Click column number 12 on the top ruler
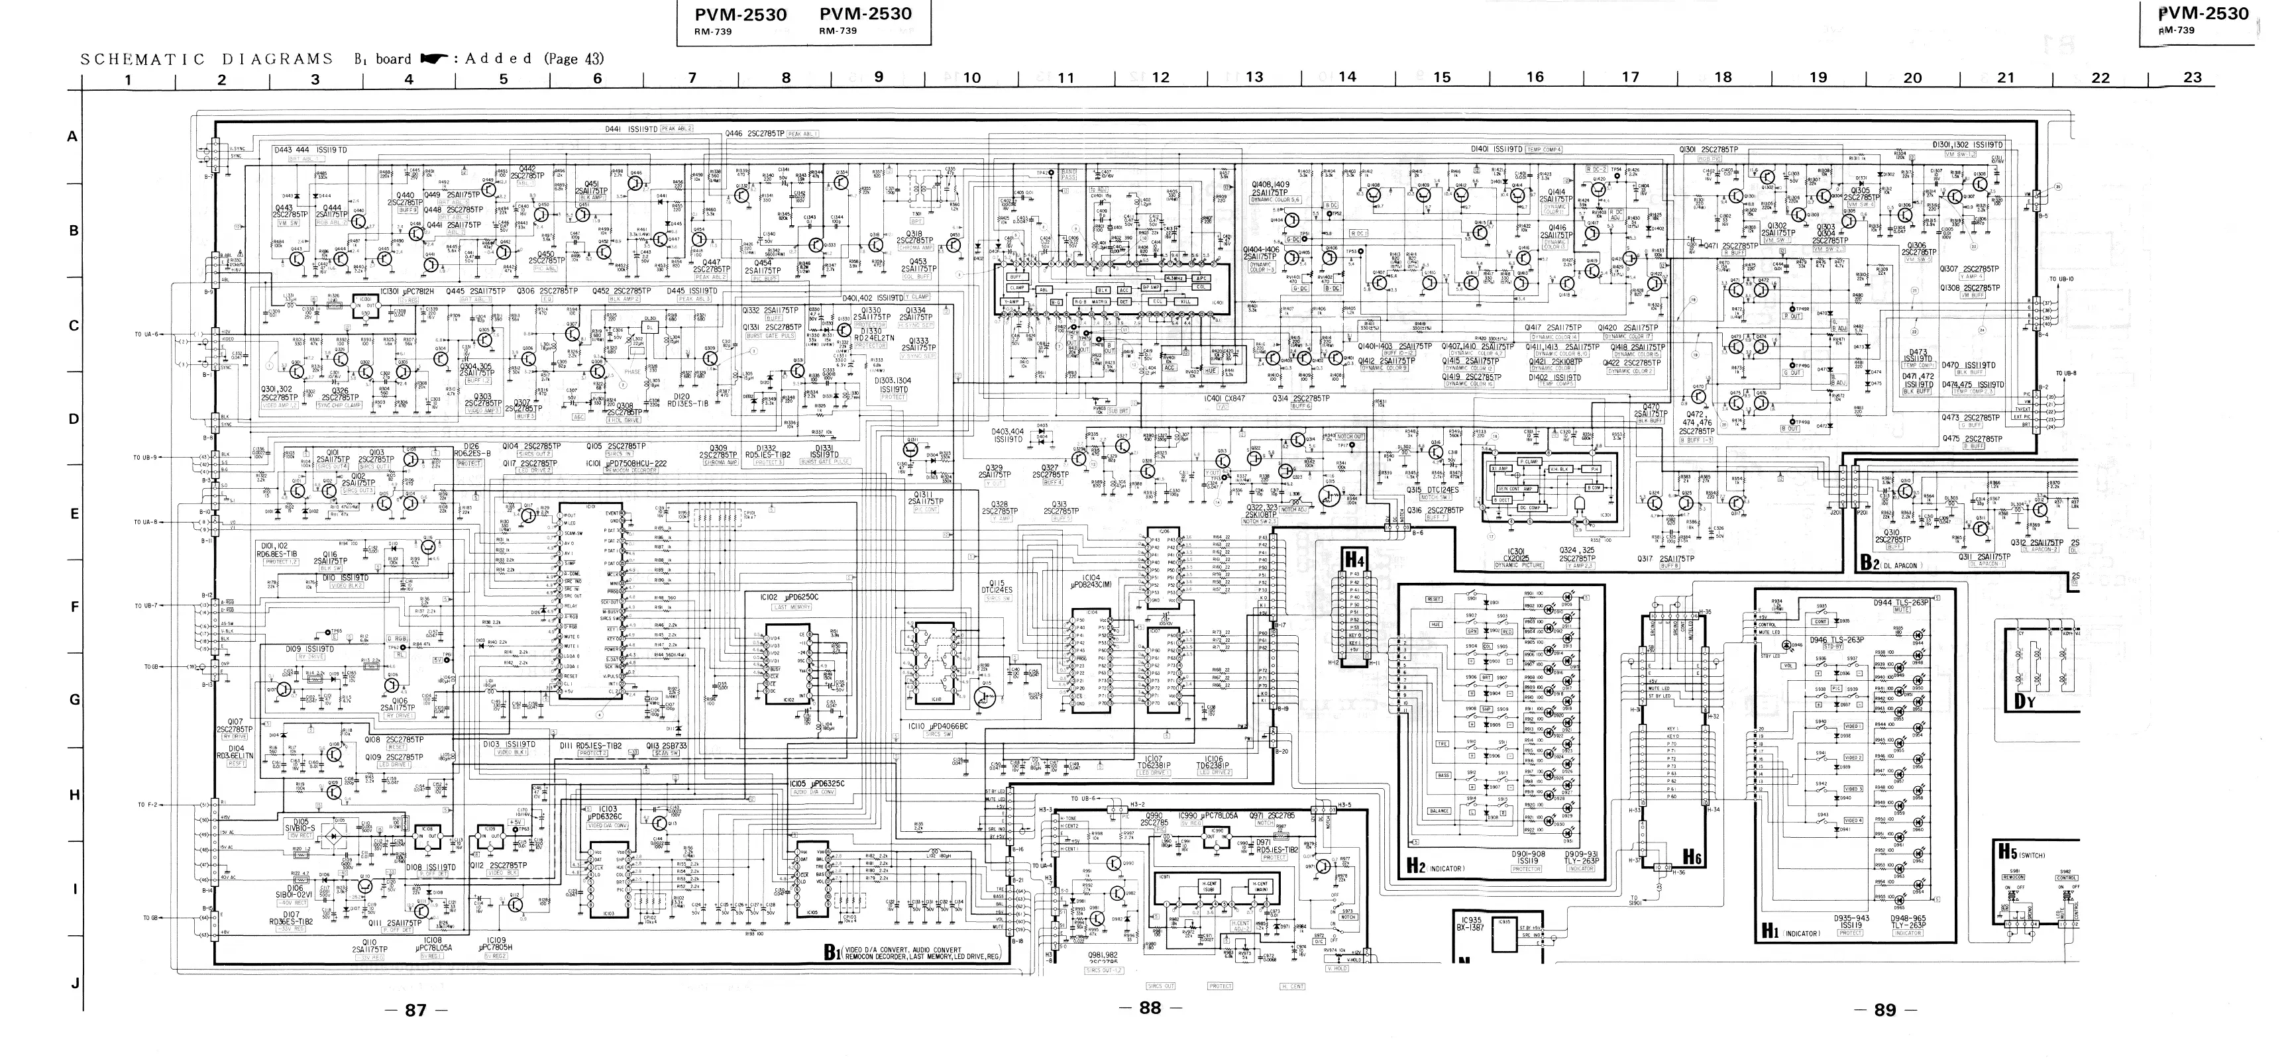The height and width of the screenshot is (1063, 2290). (x=1160, y=77)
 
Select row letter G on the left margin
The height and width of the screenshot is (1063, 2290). (x=75, y=700)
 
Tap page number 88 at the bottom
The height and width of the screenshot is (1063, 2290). (x=1150, y=1008)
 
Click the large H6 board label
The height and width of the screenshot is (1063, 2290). (x=1692, y=858)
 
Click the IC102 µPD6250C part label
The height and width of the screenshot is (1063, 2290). (x=788, y=597)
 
